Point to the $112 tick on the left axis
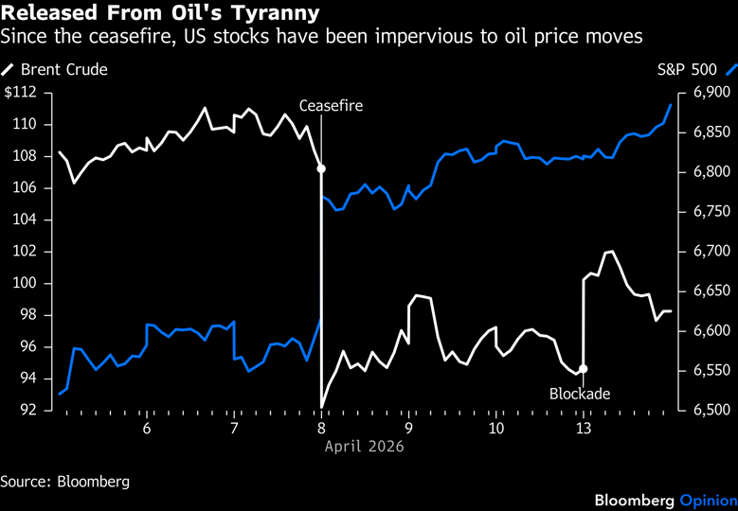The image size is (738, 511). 21,93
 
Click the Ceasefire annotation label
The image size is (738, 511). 331,106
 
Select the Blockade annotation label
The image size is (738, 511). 580,393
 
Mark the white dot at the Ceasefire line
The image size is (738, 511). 321,168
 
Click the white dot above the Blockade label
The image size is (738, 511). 584,369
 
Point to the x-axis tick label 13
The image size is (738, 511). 584,429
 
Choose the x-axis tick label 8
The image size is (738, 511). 321,429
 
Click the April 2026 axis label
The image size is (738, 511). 365,446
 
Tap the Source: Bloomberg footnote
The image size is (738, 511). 64,482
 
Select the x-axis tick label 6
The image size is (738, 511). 147,429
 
